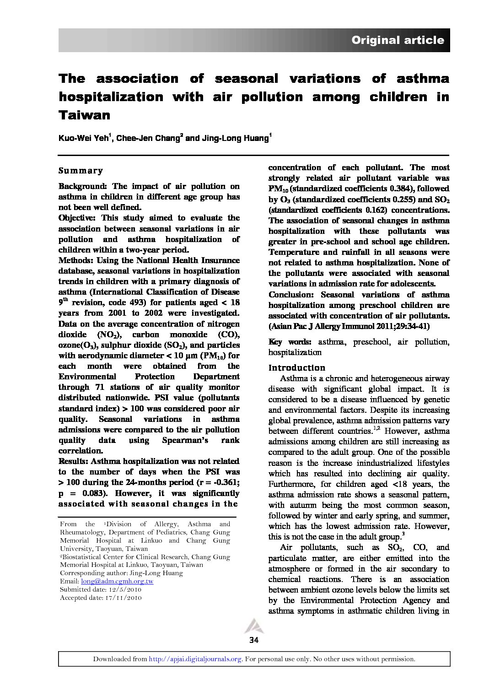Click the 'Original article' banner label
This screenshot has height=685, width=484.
[x=397, y=40]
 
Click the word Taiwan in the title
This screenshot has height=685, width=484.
[x=85, y=115]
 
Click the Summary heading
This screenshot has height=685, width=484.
[x=81, y=171]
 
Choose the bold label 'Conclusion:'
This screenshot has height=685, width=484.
[x=292, y=295]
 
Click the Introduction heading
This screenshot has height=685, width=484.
[x=297, y=368]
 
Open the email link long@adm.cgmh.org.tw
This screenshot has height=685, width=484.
[x=117, y=581]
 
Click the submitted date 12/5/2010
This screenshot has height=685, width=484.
[x=124, y=589]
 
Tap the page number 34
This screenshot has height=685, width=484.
[x=254, y=640]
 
